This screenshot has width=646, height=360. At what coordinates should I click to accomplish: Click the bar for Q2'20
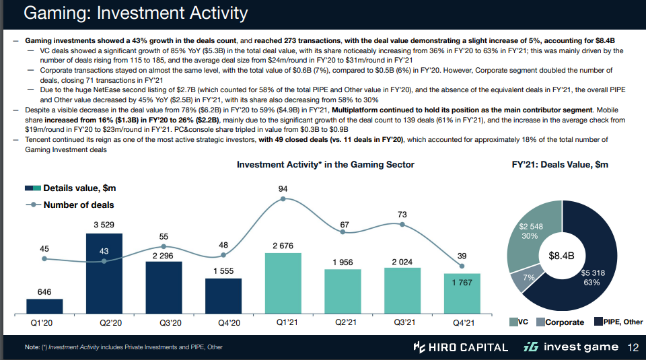[104, 275]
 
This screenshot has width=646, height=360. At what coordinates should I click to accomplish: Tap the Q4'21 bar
[461, 295]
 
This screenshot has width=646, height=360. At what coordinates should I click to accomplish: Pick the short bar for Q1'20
[44, 308]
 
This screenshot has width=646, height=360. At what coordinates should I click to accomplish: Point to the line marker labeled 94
[283, 199]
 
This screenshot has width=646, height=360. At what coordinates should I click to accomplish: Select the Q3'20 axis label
[164, 323]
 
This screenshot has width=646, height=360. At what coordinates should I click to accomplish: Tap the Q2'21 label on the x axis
[343, 323]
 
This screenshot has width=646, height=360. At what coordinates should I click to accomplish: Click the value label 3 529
[104, 225]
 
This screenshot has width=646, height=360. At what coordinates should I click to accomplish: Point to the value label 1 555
[223, 270]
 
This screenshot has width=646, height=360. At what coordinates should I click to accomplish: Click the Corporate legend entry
[560, 322]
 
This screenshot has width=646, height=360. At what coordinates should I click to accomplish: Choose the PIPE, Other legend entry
[618, 322]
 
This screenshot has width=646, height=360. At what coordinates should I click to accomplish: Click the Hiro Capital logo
[460, 347]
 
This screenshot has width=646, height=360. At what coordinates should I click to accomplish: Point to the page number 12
[633, 347]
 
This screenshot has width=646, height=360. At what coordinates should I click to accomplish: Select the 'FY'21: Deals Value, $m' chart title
[560, 165]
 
